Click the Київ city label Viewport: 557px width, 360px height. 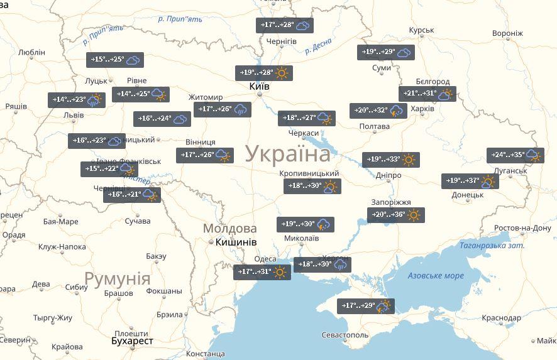(x=259, y=85)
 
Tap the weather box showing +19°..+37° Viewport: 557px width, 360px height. (x=470, y=182)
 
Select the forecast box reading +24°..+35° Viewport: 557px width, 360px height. (x=515, y=155)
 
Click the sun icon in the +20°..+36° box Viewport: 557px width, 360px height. (x=413, y=215)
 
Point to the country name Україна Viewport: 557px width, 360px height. (x=287, y=154)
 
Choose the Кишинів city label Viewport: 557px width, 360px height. (x=235, y=242)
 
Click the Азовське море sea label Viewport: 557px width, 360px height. (x=436, y=276)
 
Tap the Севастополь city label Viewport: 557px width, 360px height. (x=345, y=335)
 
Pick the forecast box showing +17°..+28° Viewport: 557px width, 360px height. (x=285, y=25)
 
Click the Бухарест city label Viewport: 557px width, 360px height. (x=131, y=341)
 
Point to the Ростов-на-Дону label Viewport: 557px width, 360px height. (x=523, y=227)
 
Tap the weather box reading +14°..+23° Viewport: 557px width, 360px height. (x=76, y=100)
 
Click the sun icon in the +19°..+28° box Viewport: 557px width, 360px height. (x=281, y=73)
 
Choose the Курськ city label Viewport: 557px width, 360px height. (x=421, y=30)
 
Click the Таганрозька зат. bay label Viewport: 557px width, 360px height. (x=492, y=246)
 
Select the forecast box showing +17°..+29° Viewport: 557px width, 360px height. (x=365, y=307)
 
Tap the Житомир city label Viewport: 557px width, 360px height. (x=206, y=97)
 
